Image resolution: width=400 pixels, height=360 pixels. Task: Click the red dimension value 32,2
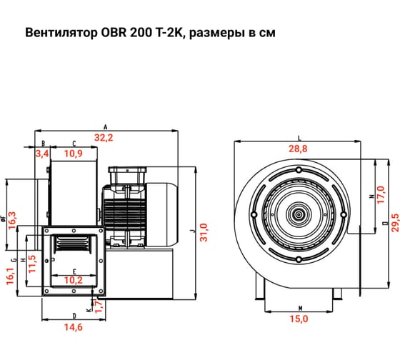point(104,138)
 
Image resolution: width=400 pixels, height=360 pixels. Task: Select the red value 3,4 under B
point(42,154)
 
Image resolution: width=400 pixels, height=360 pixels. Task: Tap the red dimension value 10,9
point(74,154)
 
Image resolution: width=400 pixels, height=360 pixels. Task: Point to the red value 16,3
point(12,221)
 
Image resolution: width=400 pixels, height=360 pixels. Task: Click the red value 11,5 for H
point(32,264)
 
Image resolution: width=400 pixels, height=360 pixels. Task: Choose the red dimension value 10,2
point(74,280)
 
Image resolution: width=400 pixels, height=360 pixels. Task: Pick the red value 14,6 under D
point(74,327)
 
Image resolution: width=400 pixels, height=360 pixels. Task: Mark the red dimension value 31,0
point(204,232)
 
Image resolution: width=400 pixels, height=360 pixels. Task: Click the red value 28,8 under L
point(298,149)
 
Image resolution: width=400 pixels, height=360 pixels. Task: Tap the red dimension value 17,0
point(381,195)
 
